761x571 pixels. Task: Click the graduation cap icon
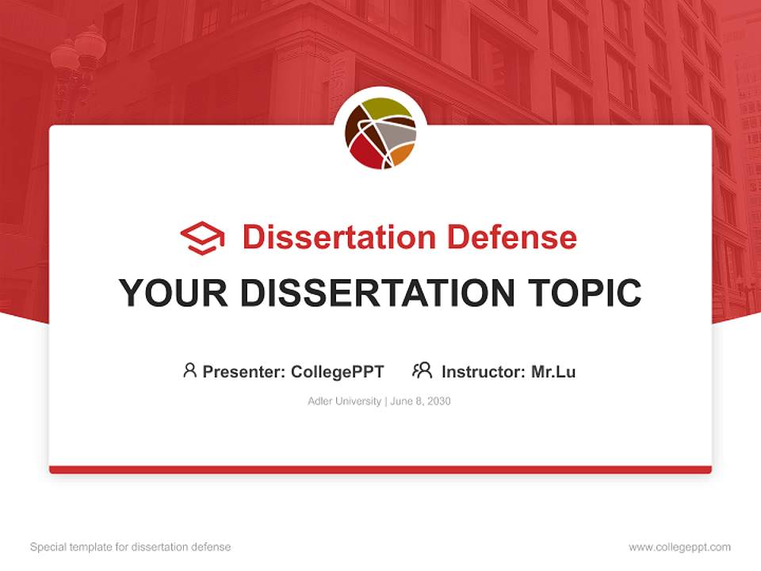(202, 238)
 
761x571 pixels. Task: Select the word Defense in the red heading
(511, 237)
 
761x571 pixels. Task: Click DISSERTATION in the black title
(378, 293)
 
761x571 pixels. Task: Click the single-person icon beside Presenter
(189, 370)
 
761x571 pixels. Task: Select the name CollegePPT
(338, 371)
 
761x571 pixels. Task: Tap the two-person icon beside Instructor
(422, 370)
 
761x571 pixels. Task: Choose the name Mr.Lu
(553, 371)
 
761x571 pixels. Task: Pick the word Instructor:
(484, 371)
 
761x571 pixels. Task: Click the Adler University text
(344, 401)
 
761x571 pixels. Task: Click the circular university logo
(380, 132)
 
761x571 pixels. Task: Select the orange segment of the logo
(403, 153)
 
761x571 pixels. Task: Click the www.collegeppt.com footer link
(679, 547)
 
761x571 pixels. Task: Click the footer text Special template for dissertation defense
(131, 547)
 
